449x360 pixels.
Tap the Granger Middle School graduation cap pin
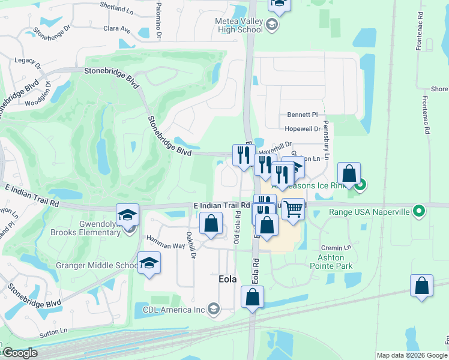click(149, 263)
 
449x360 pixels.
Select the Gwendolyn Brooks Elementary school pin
click(128, 214)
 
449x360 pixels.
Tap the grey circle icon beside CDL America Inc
click(214, 310)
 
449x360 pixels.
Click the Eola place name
click(228, 280)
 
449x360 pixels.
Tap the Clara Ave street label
click(117, 28)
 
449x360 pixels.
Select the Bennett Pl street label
click(301, 114)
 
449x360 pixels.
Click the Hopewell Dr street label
click(303, 129)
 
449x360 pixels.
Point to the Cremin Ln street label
click(335, 248)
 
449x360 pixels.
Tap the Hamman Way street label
click(166, 246)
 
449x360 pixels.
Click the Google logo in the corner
click(19, 353)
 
